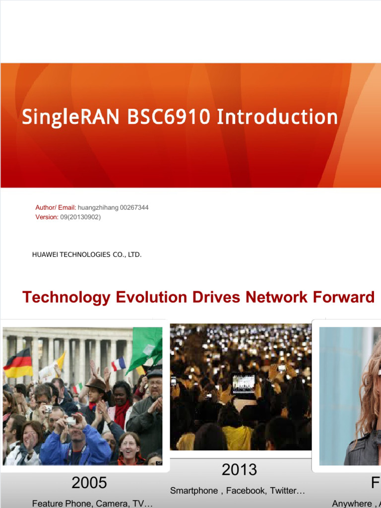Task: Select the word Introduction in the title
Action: [277, 118]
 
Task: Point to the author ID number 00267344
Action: [134, 207]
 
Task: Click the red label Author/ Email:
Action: [56, 207]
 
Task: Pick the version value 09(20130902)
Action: [80, 217]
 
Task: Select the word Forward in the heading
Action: [343, 297]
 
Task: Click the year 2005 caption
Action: [89, 482]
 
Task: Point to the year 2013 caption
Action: [240, 469]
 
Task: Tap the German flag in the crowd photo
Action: [18, 363]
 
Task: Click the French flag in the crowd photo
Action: [118, 365]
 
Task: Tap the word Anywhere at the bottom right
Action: [351, 504]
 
